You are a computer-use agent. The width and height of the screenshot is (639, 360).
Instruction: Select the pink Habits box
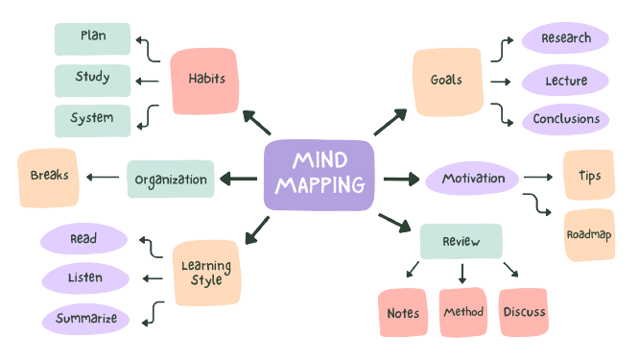[x=203, y=80]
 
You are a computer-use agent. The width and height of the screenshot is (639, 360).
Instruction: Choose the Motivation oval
[x=472, y=179]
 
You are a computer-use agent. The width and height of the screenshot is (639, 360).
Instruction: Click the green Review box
[x=461, y=241]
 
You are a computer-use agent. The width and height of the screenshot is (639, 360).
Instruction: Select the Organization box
[x=171, y=179]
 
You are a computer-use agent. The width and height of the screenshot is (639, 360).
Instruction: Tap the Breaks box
[x=48, y=178]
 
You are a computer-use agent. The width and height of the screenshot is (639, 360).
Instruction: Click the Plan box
[x=93, y=38]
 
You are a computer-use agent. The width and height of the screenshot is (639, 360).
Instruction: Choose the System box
[x=93, y=119]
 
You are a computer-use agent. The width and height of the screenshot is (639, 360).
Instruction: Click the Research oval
[x=565, y=39]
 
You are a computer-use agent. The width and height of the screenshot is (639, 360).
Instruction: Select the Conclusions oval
[x=565, y=120]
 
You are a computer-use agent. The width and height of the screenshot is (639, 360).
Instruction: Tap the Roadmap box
[x=589, y=234]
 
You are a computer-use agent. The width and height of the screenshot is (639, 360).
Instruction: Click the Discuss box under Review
[x=523, y=312]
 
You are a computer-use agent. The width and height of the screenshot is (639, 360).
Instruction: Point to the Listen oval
[x=86, y=278]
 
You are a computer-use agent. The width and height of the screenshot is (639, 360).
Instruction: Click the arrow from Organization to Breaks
[x=102, y=178]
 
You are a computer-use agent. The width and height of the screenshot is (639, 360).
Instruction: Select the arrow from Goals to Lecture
[x=499, y=82]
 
